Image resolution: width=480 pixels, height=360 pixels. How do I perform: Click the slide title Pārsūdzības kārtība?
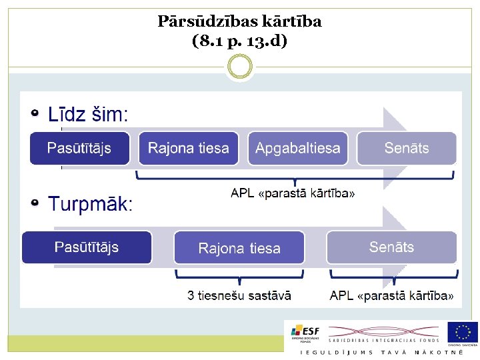[x=239, y=21]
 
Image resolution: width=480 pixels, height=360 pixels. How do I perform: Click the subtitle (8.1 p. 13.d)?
[x=239, y=41]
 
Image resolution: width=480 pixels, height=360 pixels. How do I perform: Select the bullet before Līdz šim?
[x=35, y=113]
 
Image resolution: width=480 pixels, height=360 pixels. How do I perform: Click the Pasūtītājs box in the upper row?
[x=79, y=148]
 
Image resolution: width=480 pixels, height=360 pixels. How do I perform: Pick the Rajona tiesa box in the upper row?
[x=189, y=148]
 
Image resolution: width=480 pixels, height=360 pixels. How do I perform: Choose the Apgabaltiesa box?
[x=298, y=148]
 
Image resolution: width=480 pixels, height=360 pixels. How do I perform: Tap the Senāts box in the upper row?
[x=407, y=148]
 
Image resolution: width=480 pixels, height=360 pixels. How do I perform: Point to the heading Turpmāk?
[x=91, y=204]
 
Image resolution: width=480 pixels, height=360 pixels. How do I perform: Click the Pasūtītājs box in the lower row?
[x=87, y=247]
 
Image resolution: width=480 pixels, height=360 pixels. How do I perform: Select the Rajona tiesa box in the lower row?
[x=239, y=247]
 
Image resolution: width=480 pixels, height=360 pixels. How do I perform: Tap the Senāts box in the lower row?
[x=391, y=247]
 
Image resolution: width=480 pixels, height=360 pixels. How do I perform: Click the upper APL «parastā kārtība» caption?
[x=293, y=193]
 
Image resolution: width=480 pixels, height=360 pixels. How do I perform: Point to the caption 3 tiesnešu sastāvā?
[x=239, y=295]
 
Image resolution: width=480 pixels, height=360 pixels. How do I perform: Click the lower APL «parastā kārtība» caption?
[x=392, y=295]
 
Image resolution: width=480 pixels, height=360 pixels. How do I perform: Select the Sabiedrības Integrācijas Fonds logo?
[x=383, y=332]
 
